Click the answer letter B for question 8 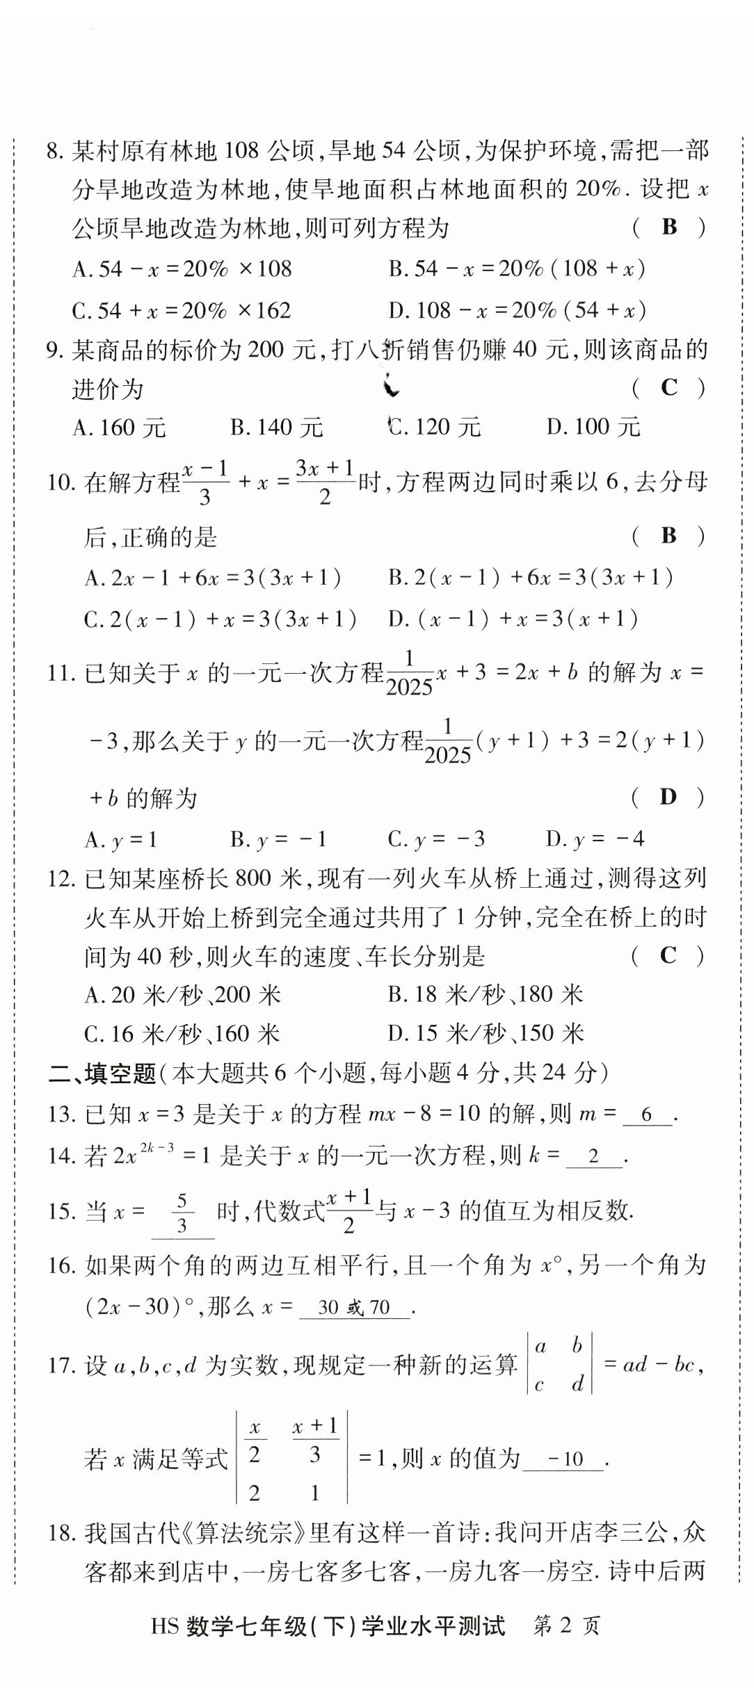(x=669, y=227)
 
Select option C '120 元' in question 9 (x=435, y=427)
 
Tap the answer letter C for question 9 (x=668, y=387)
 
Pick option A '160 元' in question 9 (x=120, y=428)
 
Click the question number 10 (x=60, y=482)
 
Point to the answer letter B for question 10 (x=668, y=535)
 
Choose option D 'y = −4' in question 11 (x=595, y=839)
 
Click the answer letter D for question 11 (x=668, y=797)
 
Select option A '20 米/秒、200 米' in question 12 (x=182, y=995)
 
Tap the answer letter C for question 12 (x=668, y=955)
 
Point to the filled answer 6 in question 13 (x=647, y=1115)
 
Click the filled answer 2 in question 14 (x=593, y=1156)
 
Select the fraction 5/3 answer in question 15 (x=182, y=1213)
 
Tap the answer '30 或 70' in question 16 (x=353, y=1307)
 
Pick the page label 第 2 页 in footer (x=565, y=1626)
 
